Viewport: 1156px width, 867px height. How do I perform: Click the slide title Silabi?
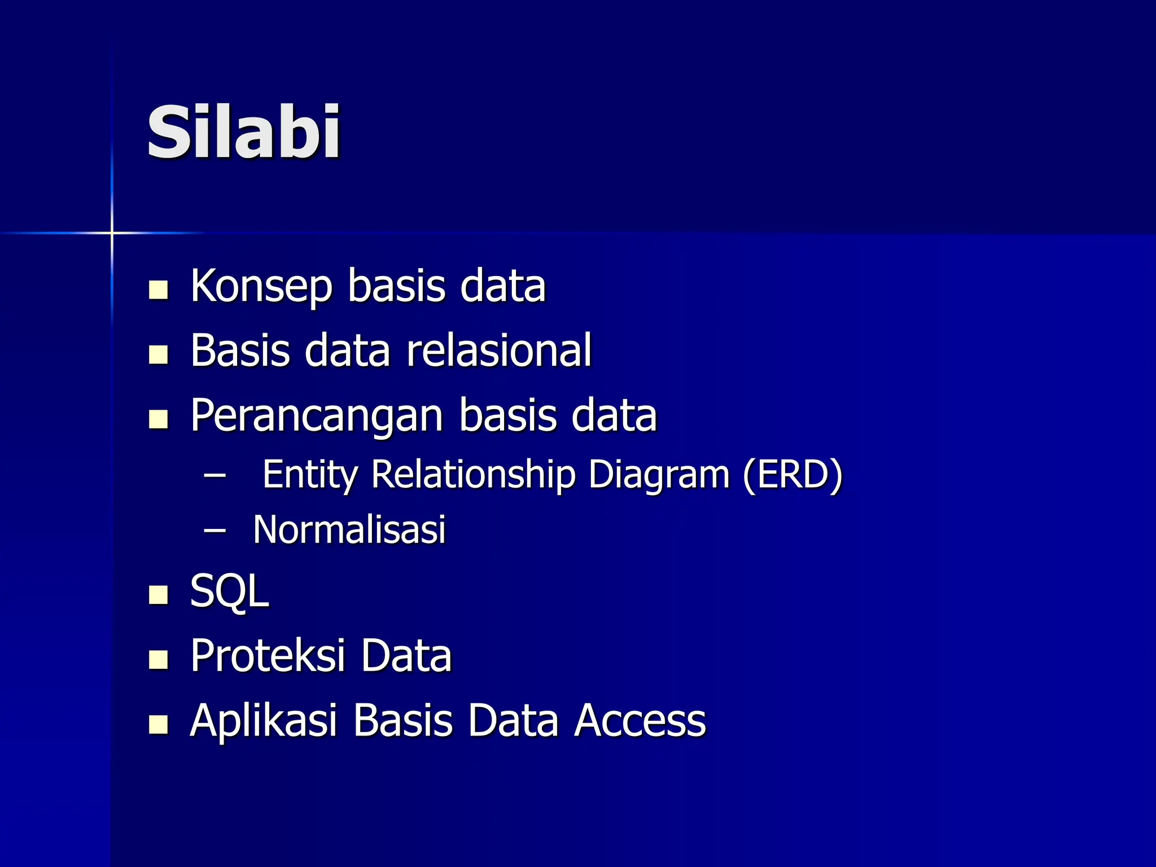pos(243,133)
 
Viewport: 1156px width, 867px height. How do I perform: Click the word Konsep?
pos(261,286)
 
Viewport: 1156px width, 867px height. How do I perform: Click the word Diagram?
pos(659,475)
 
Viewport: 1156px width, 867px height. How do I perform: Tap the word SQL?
pos(229,591)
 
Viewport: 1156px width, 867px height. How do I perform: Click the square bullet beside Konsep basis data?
pos(159,290)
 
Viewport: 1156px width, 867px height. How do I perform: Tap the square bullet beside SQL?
pos(159,595)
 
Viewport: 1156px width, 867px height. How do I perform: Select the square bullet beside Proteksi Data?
pos(159,659)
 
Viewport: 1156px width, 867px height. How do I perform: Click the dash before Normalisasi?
pos(214,530)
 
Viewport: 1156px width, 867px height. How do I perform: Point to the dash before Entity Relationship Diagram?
pos(214,475)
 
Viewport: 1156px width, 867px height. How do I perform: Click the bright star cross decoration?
pos(112,233)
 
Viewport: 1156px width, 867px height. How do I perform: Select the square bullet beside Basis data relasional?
pos(159,354)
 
